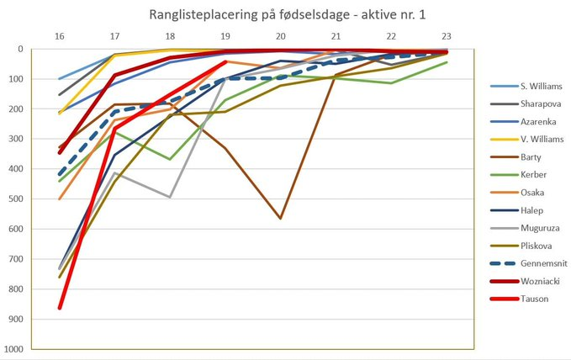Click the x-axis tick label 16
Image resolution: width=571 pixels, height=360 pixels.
pos(59,36)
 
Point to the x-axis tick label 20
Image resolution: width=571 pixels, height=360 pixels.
pos(280,36)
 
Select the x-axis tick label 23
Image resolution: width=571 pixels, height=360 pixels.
pos(446,36)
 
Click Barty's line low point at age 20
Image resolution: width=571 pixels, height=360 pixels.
pos(280,219)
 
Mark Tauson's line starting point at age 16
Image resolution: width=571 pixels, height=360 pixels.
pos(59,308)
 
